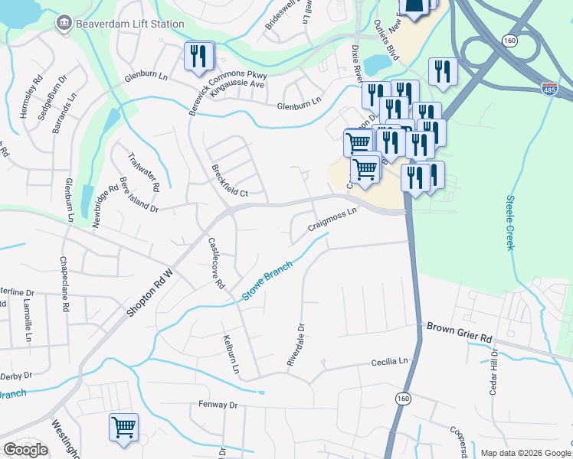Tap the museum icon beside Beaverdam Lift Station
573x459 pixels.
pyautogui.click(x=64, y=24)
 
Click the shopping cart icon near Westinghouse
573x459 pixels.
pyautogui.click(x=123, y=428)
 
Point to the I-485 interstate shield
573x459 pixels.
pyautogui.click(x=548, y=89)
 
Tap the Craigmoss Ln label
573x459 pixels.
pyautogui.click(x=332, y=220)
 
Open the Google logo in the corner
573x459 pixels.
pyautogui.click(x=25, y=450)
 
